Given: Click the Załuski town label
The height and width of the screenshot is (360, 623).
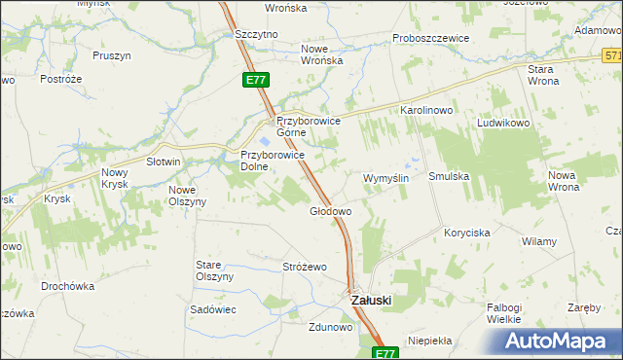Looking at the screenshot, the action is tap(370, 301).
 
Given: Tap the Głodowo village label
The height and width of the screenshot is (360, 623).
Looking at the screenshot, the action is tap(330, 210).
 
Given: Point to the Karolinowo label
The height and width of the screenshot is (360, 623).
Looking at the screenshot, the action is tap(427, 111).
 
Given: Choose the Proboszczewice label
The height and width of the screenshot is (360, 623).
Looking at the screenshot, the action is tap(430, 38).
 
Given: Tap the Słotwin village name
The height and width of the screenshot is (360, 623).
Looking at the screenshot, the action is tap(164, 162).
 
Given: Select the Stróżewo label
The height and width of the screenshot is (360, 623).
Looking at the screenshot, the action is tap(304, 267).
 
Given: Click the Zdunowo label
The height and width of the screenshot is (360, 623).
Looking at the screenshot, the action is tap(330, 327).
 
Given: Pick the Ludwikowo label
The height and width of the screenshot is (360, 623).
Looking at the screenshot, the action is tap(502, 125).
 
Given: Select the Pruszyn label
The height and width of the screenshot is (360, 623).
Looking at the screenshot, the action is tap(112, 55).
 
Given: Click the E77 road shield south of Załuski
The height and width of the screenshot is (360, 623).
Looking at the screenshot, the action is tap(385, 353).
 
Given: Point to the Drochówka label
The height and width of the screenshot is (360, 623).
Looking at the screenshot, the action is tap(67, 286).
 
